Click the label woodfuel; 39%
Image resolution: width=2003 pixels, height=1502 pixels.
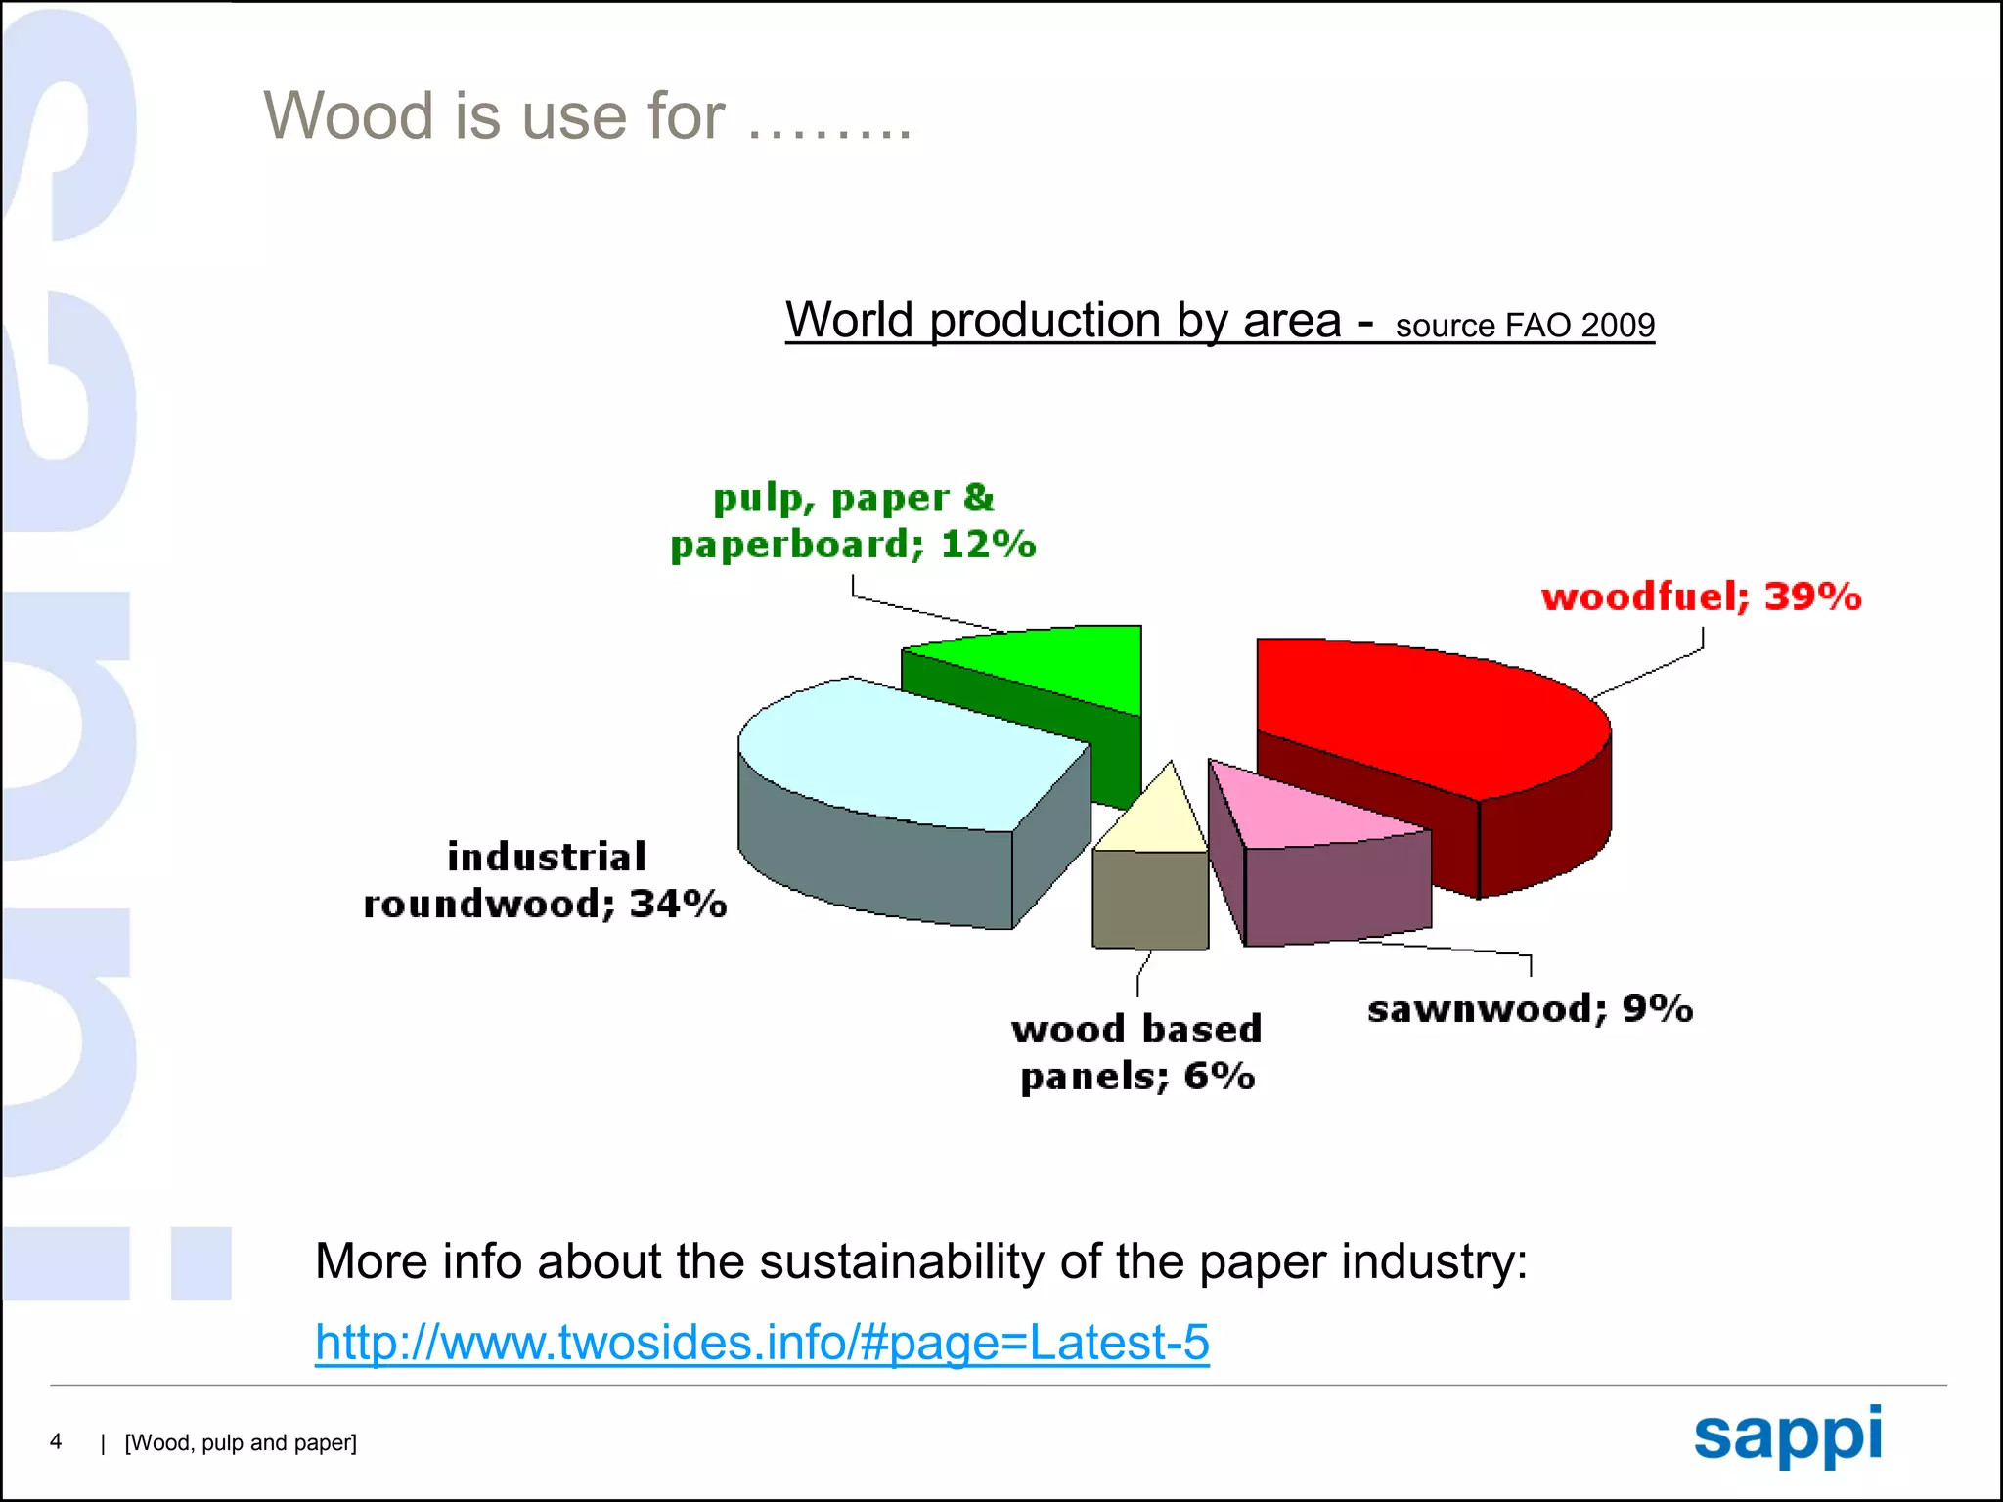1702,596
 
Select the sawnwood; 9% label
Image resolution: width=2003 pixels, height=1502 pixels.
1531,1008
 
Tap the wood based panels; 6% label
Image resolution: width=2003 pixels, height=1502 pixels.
1137,1053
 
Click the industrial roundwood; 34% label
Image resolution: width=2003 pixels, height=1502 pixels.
546,880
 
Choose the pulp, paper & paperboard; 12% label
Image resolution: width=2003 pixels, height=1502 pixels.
853,521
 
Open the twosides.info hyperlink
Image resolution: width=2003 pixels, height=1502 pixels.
762,1342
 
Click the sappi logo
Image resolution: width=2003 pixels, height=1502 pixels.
1788,1436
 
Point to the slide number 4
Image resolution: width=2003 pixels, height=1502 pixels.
56,1441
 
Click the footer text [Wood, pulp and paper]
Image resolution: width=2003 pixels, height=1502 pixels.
241,1443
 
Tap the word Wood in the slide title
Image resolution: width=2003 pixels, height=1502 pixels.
348,115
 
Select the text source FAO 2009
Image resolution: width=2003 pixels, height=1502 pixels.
1525,326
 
